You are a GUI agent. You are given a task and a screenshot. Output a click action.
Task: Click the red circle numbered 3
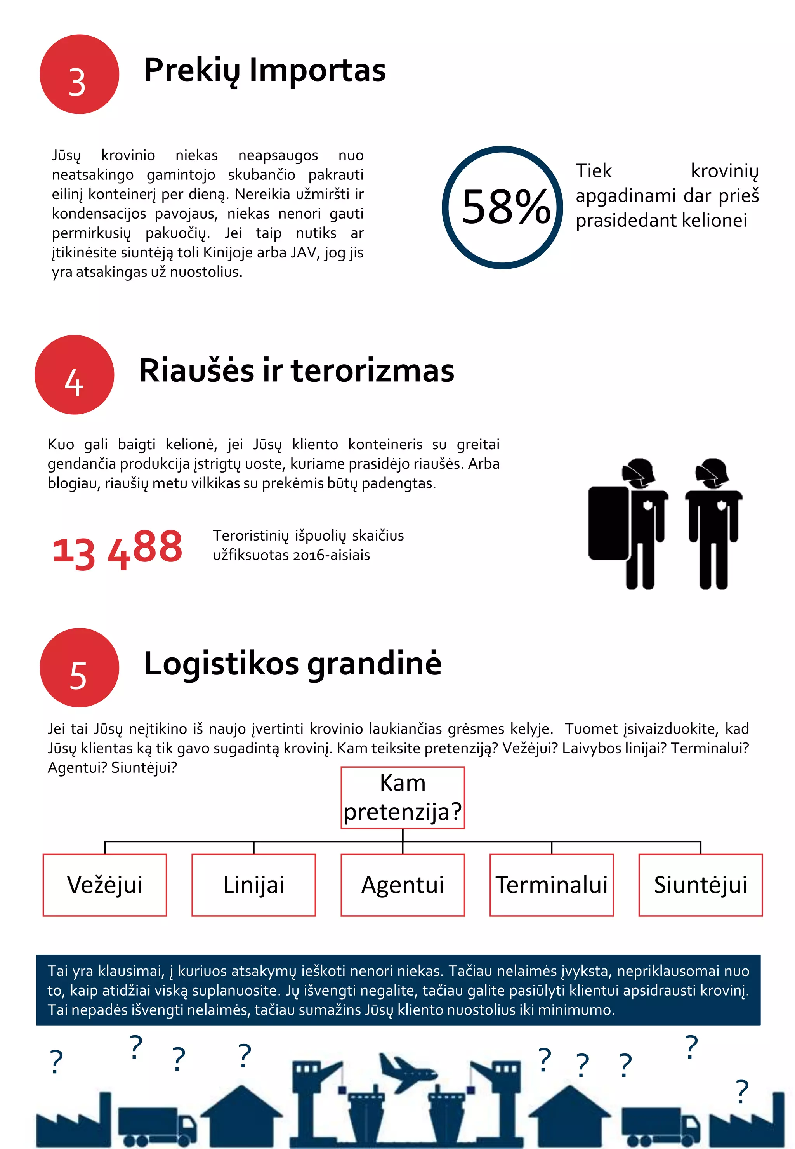[79, 74]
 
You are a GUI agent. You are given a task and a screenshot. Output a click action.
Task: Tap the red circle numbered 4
[74, 375]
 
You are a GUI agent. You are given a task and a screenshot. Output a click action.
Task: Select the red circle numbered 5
[79, 667]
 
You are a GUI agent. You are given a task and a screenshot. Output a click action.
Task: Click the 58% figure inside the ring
[505, 207]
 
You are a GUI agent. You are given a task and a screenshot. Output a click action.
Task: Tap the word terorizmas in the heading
[372, 371]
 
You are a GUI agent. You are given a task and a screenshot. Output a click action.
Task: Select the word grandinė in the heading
[374, 664]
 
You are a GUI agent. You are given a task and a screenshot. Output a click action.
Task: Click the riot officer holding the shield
[628, 523]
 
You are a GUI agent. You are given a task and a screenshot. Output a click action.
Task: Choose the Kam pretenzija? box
[403, 798]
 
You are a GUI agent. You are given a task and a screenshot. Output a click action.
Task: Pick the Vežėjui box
[104, 885]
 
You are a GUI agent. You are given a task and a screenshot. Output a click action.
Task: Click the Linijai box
[253, 885]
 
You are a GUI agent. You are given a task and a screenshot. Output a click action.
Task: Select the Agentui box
[403, 885]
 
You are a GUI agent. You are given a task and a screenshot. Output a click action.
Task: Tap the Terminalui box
[552, 885]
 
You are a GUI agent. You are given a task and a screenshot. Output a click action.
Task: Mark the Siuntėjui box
[700, 885]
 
